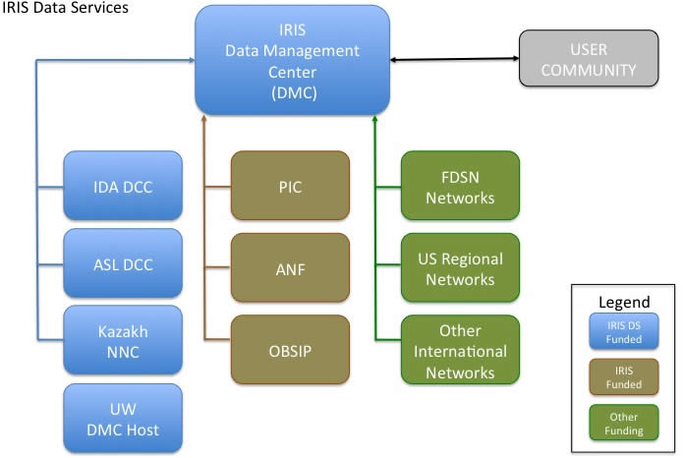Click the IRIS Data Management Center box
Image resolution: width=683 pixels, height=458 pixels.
pos(292,60)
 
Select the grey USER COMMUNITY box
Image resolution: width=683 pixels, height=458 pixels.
pos(589,58)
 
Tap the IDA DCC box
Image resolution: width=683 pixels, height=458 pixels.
pos(123,186)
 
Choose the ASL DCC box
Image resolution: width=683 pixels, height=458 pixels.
pos(123,263)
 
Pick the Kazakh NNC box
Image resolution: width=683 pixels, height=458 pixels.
pos(123,340)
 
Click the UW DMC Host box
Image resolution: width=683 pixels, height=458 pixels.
pos(123,419)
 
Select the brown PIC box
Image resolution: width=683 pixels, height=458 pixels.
pos(290,186)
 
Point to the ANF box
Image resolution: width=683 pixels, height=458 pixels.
pos(290,267)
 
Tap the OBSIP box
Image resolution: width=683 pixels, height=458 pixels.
pos(290,350)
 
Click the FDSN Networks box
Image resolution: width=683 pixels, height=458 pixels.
pos(461,186)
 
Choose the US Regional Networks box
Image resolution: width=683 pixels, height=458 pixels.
pos(461,267)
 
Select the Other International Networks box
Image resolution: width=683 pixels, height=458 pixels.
pos(461,350)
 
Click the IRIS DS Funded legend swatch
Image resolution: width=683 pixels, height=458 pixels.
pos(624,331)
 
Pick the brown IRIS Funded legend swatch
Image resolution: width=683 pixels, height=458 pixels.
pos(624,377)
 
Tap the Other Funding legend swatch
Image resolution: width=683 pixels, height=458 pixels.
pos(624,423)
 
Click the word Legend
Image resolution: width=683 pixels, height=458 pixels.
pos(624,302)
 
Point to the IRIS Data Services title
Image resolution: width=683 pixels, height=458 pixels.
pos(65,8)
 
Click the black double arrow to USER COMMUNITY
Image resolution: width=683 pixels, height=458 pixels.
pos(454,59)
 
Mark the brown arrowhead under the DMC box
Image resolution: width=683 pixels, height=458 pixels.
pos(203,118)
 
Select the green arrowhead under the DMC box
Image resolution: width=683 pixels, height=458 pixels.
pos(374,118)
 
